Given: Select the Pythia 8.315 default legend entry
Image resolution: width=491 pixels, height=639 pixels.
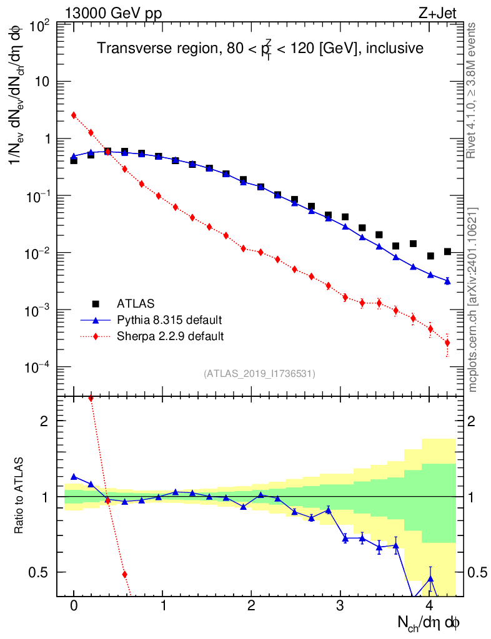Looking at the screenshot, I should [x=169, y=320].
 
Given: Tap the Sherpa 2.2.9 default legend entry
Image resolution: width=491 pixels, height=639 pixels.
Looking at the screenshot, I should [x=171, y=336].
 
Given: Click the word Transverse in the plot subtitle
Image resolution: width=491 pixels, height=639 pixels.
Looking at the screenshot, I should [x=127, y=48].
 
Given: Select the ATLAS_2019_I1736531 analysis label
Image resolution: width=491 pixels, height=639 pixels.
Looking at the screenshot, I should [x=259, y=374].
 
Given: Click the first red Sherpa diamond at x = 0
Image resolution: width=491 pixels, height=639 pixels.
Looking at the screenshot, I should [x=74, y=115].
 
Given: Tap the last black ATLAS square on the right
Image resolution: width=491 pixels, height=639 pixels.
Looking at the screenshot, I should [x=447, y=251].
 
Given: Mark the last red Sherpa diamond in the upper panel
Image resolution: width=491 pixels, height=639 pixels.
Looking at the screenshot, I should [x=447, y=343].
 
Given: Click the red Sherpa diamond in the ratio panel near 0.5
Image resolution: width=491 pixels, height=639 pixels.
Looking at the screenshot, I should [x=124, y=574].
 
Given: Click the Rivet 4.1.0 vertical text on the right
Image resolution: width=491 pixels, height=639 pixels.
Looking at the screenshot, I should [x=473, y=90].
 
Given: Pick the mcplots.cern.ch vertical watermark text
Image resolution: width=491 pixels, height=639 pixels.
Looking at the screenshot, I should [x=473, y=300].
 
